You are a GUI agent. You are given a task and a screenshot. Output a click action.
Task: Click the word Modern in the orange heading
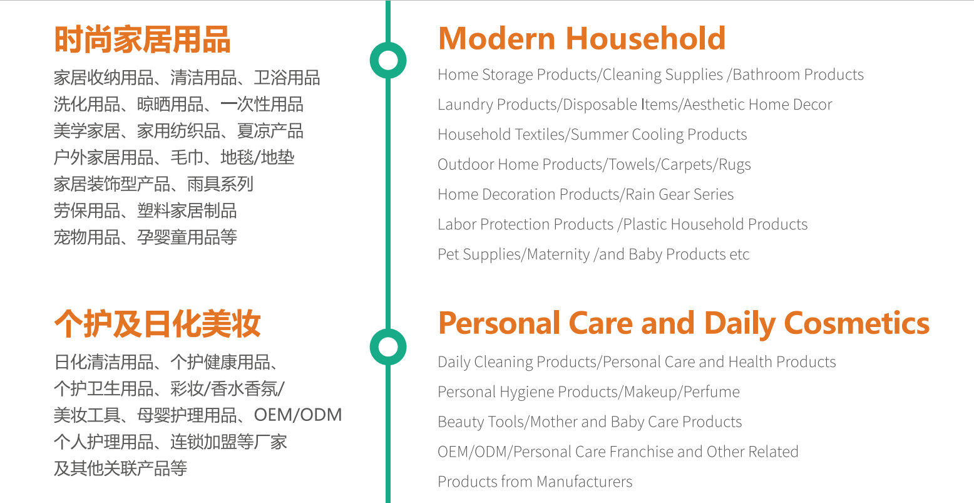click(x=496, y=38)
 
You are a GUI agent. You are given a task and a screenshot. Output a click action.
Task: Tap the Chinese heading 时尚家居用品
click(x=142, y=39)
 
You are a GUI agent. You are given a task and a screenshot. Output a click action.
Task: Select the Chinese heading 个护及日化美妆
click(x=157, y=324)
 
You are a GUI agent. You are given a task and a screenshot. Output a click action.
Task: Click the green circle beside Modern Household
click(x=388, y=61)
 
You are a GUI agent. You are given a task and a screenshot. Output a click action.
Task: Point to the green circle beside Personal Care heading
click(x=388, y=347)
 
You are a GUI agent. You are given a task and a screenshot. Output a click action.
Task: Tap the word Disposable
click(x=600, y=105)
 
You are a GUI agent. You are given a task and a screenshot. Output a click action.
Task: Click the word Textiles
click(x=539, y=135)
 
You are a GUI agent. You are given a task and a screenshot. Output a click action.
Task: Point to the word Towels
click(x=633, y=165)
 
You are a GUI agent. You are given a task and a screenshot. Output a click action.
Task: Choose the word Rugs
click(x=735, y=165)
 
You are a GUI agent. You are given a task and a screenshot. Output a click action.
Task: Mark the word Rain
click(x=640, y=195)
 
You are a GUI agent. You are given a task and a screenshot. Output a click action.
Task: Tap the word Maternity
click(x=558, y=254)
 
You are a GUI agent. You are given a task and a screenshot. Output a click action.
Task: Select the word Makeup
click(x=652, y=392)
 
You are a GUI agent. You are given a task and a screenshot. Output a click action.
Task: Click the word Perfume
click(x=711, y=392)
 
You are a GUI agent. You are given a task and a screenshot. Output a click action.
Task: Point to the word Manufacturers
click(x=585, y=482)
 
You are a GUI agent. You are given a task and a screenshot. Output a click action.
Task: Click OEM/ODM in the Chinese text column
click(x=298, y=415)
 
